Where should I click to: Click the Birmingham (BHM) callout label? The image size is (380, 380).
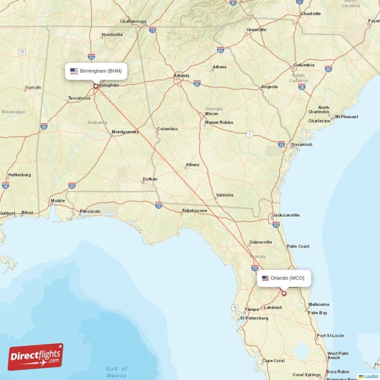point(96,71)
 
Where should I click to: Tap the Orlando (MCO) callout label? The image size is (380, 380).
point(284,278)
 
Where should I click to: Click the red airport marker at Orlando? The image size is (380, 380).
point(284,293)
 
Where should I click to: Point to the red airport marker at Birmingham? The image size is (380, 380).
point(95,86)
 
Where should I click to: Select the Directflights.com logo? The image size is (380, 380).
point(36,357)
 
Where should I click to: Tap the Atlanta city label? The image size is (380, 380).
point(181,76)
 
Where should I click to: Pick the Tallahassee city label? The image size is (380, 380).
point(194,210)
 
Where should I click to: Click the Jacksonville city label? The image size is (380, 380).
point(285,215)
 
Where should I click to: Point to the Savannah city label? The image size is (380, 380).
point(302,144)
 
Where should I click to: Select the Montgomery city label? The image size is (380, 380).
point(125,132)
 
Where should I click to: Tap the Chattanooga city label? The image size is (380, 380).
point(133,21)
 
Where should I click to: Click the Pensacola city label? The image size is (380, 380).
point(90,211)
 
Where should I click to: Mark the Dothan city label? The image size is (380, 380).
point(150,179)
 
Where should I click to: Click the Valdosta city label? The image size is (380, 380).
point(224,195)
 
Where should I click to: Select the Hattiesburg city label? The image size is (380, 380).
point(19,175)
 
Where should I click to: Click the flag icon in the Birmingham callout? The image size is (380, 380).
point(74,71)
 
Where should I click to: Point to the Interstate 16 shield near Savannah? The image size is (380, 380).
point(281,144)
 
